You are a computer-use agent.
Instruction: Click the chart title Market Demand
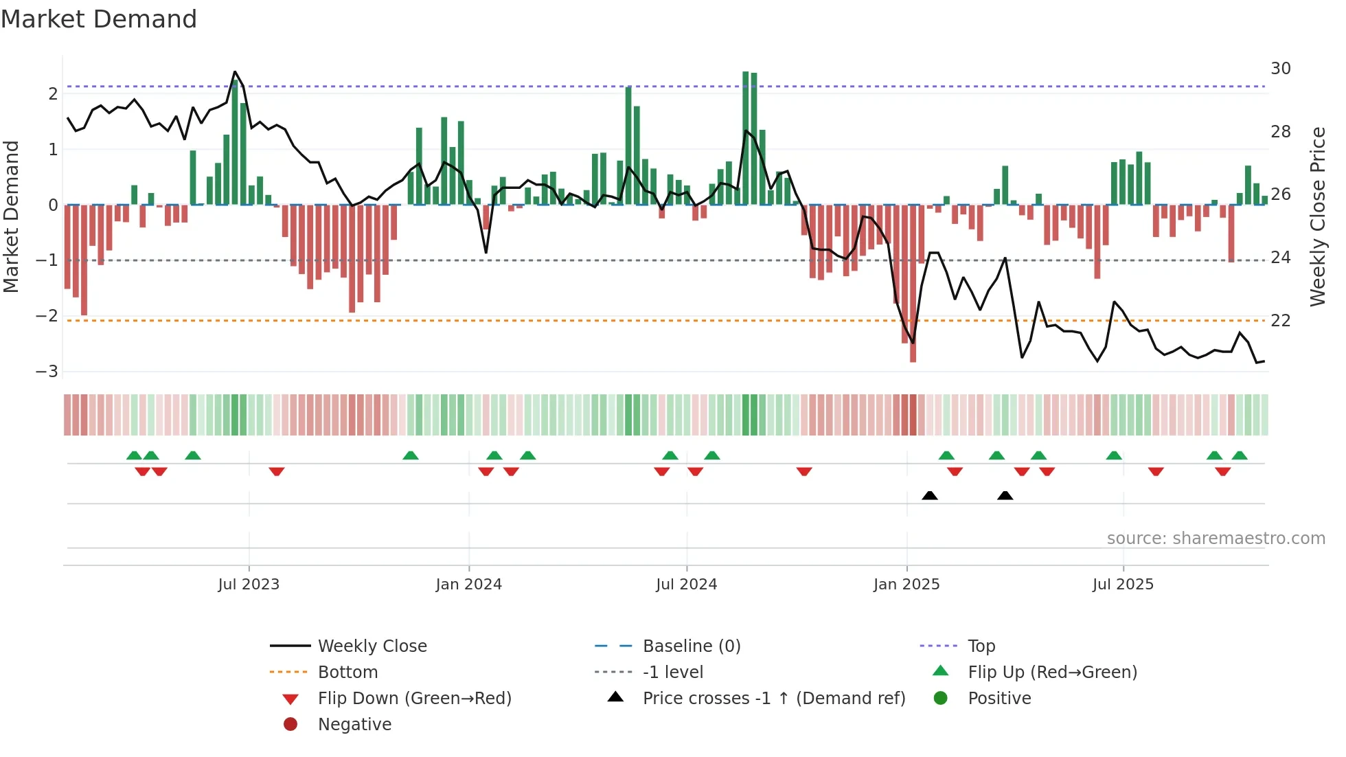coord(99,19)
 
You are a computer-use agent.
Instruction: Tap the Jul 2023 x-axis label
coord(249,585)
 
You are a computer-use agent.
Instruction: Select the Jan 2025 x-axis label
coord(906,585)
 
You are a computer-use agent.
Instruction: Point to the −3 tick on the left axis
coord(47,372)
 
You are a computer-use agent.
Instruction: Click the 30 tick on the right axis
coord(1281,69)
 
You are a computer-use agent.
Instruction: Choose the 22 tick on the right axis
coord(1281,321)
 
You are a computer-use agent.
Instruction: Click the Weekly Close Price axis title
coord(1317,216)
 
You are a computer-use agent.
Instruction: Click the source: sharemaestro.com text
coord(1216,539)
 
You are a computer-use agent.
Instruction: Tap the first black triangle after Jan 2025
coord(930,495)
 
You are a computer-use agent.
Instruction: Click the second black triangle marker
coord(1005,495)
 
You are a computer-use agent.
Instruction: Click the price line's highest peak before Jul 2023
coord(235,72)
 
